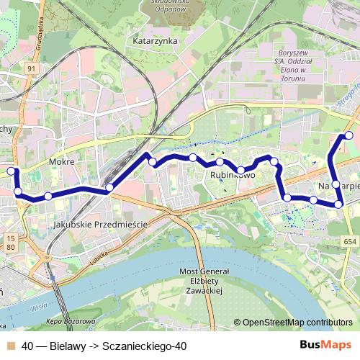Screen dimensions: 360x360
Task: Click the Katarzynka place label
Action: pos(156,41)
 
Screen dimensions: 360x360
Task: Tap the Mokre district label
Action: pos(62,162)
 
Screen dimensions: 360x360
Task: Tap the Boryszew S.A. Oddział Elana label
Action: pos(292,61)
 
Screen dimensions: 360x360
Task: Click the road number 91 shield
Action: pos(31,68)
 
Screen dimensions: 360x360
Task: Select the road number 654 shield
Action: pos(350,242)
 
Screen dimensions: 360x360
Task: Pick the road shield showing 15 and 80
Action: pos(10,242)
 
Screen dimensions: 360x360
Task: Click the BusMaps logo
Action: pos(325,346)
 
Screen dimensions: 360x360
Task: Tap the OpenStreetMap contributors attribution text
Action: pos(293,323)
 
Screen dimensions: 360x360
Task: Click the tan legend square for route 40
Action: pos(12,346)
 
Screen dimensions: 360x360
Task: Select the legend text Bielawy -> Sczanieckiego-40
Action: pos(104,346)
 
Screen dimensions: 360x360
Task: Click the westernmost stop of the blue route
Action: pos(11,171)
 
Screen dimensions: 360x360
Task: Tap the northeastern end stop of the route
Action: pos(349,135)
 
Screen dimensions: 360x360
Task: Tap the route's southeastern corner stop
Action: pos(338,205)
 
